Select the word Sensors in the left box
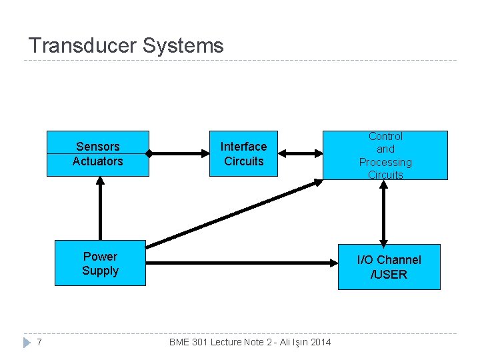pos(98,147)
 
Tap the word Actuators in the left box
pos(98,161)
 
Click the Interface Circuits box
pos(243,153)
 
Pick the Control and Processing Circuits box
pos(385,155)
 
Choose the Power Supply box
pos(100,263)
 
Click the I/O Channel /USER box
pos(389,267)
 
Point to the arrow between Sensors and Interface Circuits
pos(179,153)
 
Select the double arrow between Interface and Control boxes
pos(300,153)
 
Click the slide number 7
pos(40,342)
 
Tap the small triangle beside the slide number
pos(27,342)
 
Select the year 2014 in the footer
pos(319,342)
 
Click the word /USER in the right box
pos(389,275)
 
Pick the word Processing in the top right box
pos(385,162)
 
